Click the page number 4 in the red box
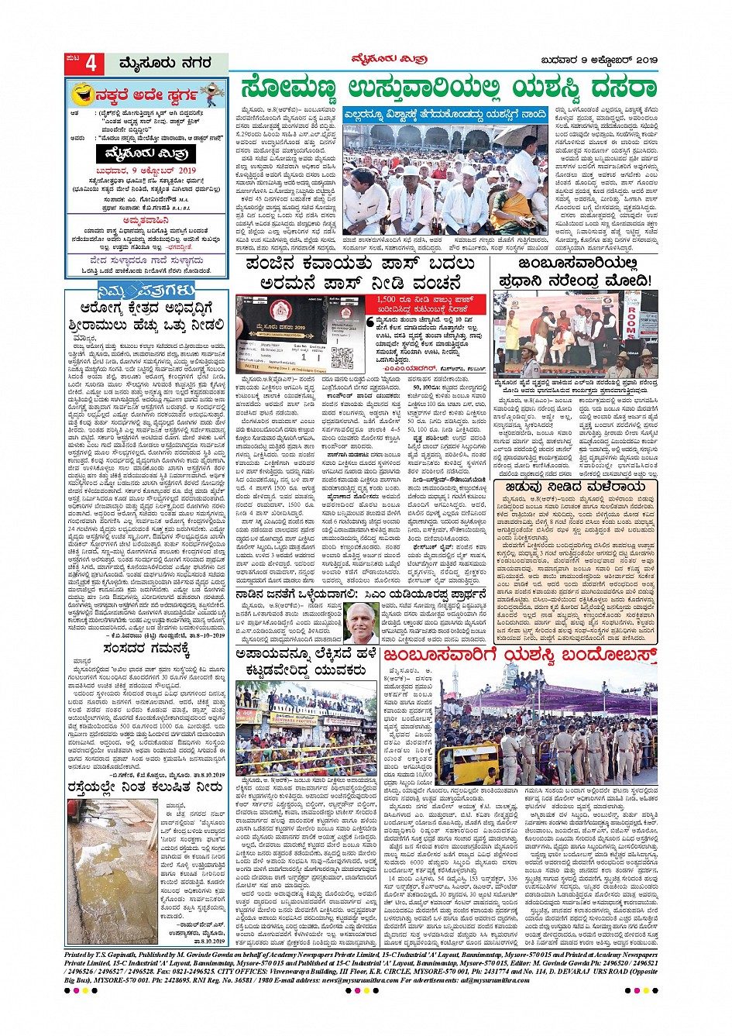click(x=90, y=64)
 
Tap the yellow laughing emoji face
click(x=80, y=96)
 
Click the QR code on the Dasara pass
click(x=342, y=356)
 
